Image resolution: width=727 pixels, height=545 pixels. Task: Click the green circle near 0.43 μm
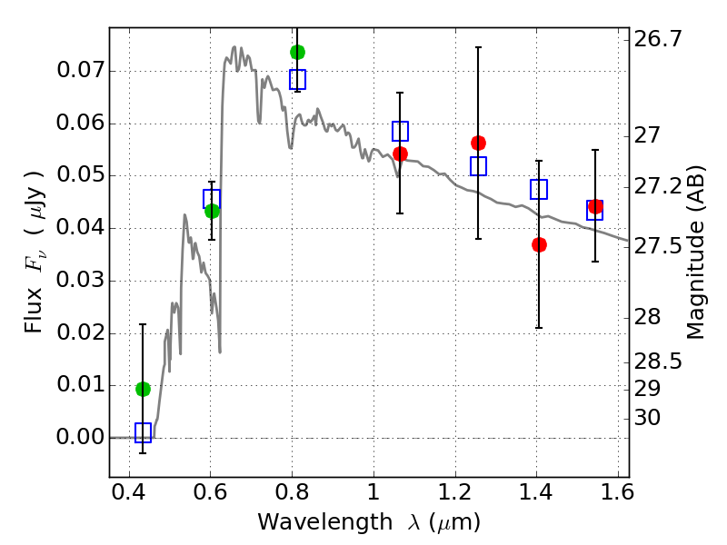(143, 389)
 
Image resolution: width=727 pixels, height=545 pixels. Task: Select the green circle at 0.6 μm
(212, 211)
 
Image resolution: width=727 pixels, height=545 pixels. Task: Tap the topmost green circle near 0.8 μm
(297, 52)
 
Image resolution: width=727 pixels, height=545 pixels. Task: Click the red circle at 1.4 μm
(539, 244)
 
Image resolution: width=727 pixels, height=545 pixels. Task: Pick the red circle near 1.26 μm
(478, 143)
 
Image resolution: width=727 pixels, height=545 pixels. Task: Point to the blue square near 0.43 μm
(143, 432)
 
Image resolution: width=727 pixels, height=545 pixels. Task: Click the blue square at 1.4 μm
(539, 190)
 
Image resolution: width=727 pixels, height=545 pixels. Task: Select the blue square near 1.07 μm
(400, 131)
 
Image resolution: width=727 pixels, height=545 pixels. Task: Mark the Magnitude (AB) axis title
(697, 252)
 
